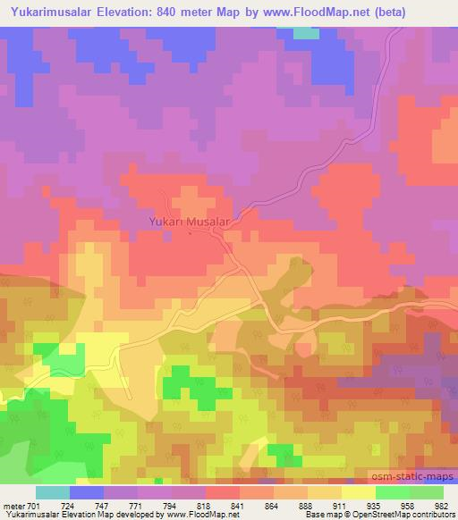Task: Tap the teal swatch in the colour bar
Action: (x=53, y=492)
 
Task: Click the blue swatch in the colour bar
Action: (x=88, y=492)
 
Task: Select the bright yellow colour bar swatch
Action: (x=358, y=492)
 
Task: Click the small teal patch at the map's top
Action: (x=306, y=33)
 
